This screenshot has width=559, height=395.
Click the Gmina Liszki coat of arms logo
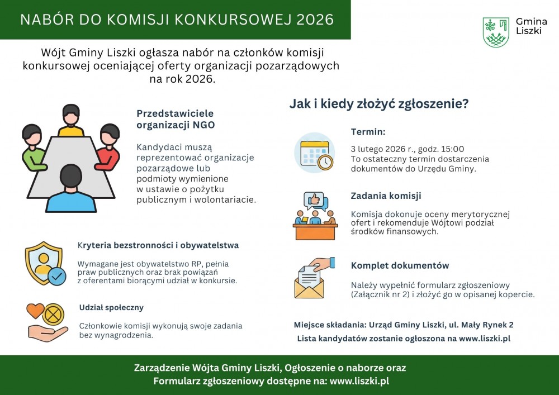pos(496,32)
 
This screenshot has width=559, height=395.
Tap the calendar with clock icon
pos(315,153)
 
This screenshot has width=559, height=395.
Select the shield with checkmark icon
pos(45,264)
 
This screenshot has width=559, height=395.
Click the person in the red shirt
pos(108,147)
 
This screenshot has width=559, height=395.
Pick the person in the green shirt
pos(34,147)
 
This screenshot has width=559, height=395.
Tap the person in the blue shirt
pos(71,188)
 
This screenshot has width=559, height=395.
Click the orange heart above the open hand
pos(36,311)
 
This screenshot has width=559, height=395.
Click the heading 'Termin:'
pos(368,132)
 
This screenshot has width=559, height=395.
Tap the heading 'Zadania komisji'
pos(386,196)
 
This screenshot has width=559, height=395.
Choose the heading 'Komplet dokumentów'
pos(400,266)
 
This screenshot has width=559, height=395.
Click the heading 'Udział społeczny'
pos(111,308)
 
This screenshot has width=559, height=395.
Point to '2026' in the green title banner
pos(315,20)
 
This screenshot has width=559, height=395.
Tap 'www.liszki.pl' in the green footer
pos(359,381)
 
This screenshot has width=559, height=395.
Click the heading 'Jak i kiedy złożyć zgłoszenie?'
pos(379,104)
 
